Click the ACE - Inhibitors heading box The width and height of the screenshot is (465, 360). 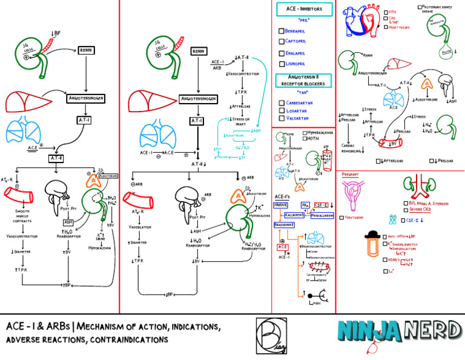(303, 9)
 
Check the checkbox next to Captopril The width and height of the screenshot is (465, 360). (281, 41)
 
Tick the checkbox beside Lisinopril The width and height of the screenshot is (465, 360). (281, 63)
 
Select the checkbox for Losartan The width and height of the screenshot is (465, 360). (281, 114)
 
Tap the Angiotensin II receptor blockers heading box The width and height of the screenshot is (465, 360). (303, 81)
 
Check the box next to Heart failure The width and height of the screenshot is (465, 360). (386, 27)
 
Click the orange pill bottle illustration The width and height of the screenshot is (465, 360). (357, 250)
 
